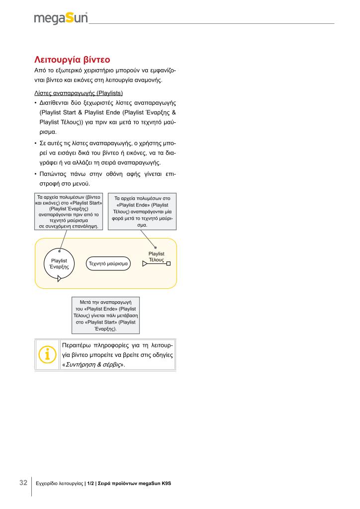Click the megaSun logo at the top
pyautogui.click(x=61, y=18)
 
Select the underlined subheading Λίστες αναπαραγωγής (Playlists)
pyautogui.click(x=78, y=93)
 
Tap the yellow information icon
pyautogui.click(x=47, y=354)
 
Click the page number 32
pyautogui.click(x=23, y=483)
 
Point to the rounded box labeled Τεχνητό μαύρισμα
pyautogui.click(x=108, y=263)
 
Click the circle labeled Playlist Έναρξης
pyautogui.click(x=59, y=263)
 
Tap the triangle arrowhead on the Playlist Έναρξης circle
pyautogui.click(x=60, y=278)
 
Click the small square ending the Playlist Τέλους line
pyautogui.click(x=169, y=263)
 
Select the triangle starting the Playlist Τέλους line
pyautogui.click(x=145, y=263)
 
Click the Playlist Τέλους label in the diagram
pyautogui.click(x=157, y=257)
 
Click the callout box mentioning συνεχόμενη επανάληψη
pyautogui.click(x=69, y=211)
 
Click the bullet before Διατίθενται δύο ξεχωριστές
pyautogui.click(x=35, y=103)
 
